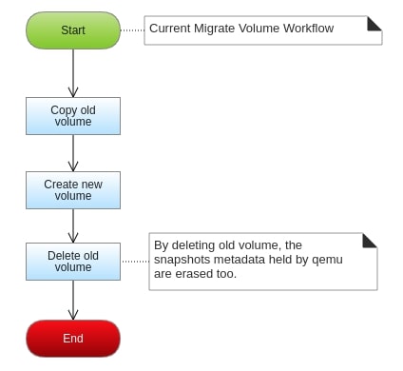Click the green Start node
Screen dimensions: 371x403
pyautogui.click(x=73, y=29)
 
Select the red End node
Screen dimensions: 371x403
pyautogui.click(x=73, y=338)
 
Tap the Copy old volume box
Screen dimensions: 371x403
pyautogui.click(x=73, y=115)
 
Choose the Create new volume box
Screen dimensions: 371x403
pyautogui.click(x=73, y=189)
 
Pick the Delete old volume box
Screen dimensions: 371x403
pyautogui.click(x=73, y=262)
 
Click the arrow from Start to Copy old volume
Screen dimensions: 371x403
pyautogui.click(x=73, y=72)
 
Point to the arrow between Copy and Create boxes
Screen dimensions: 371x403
pyautogui.click(x=73, y=152)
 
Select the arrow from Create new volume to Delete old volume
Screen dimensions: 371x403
pyautogui.click(x=73, y=225)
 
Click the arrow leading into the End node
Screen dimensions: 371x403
pyautogui.click(x=73, y=300)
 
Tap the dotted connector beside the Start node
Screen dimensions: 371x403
pyautogui.click(x=132, y=29)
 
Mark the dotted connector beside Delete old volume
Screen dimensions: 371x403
pyautogui.click(x=135, y=262)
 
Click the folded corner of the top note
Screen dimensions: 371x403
pyautogui.click(x=374, y=23)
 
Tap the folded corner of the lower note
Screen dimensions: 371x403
pyautogui.click(x=370, y=240)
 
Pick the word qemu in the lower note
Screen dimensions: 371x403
pyautogui.click(x=327, y=260)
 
